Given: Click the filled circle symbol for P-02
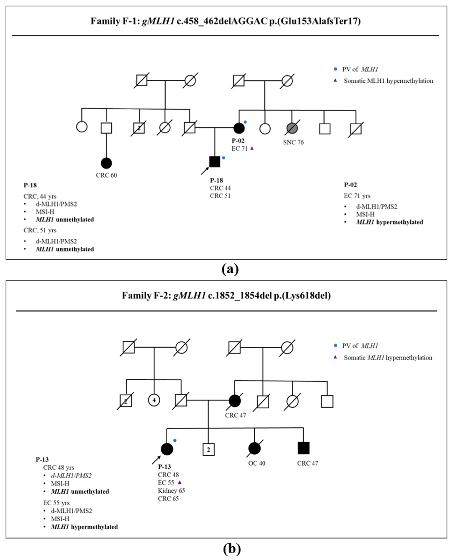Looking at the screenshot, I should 239,128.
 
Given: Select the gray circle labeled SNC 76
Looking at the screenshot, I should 292,128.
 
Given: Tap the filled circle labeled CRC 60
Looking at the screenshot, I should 106,163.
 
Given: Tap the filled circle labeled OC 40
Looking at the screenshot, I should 254,448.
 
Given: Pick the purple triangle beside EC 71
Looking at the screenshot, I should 252,148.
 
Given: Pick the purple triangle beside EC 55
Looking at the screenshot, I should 179,482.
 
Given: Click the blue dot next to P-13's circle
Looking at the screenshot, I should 175,440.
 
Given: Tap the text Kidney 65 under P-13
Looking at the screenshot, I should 171,491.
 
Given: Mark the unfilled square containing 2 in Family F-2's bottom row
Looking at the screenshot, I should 208,450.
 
